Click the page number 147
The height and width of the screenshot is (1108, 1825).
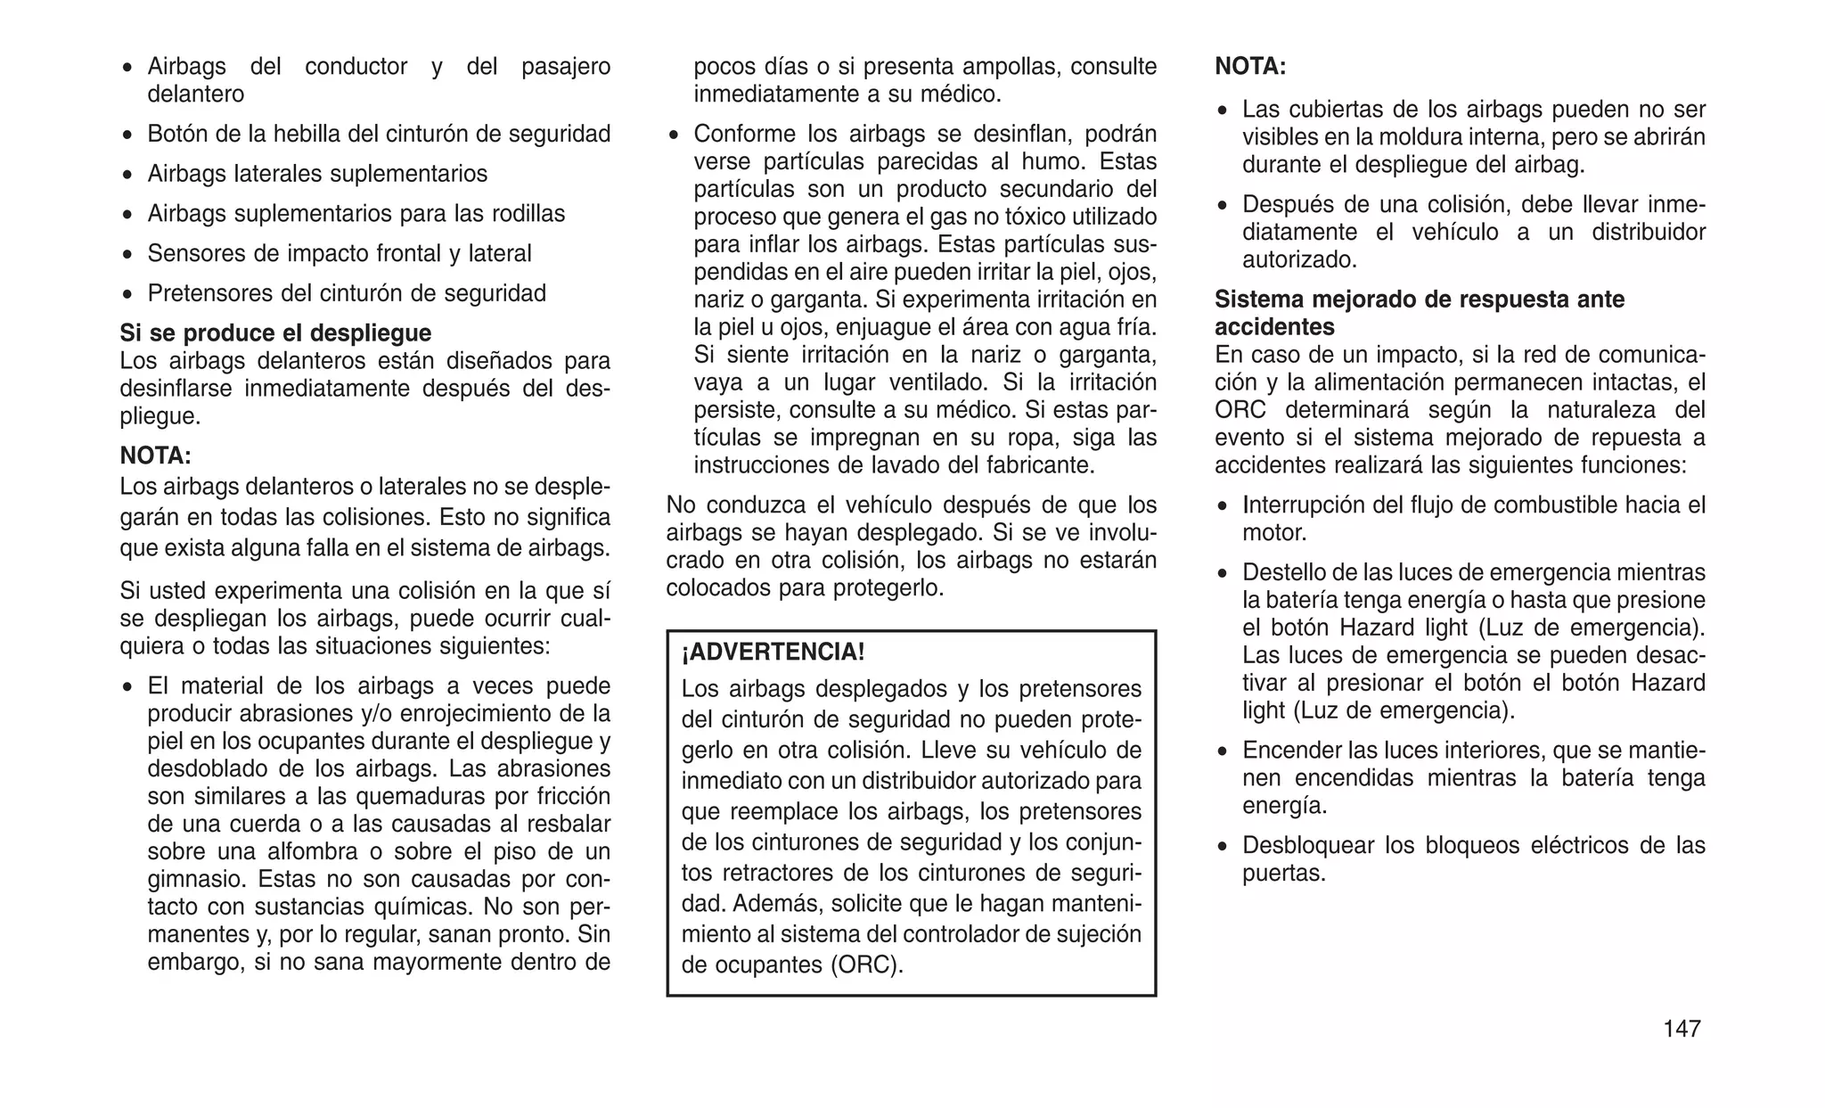tap(1681, 1029)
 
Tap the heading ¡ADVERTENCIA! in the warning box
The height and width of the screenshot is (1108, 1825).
tap(773, 652)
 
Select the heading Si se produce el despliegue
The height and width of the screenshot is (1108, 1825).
tap(275, 333)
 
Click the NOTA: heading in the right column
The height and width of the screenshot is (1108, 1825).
tap(1250, 67)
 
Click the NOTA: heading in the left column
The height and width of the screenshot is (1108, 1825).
tap(156, 456)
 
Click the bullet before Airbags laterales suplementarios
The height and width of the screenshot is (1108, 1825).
tap(128, 175)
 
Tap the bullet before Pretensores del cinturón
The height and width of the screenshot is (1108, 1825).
tap(128, 294)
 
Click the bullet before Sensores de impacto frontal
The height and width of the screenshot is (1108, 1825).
tap(128, 255)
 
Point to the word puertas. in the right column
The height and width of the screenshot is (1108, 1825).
tap(1284, 874)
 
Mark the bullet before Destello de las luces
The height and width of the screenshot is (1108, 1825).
tap(1223, 574)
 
